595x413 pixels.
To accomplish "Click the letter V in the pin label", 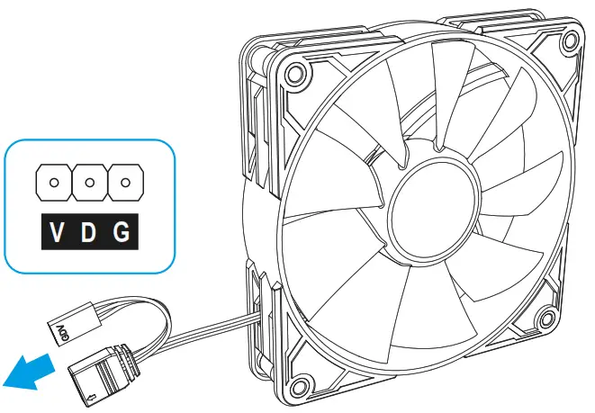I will (57, 235).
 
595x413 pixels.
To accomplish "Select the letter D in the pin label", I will (88, 235).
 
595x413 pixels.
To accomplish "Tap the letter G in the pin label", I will (121, 235).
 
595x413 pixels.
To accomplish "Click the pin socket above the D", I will (88, 183).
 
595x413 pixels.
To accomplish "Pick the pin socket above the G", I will (122, 183).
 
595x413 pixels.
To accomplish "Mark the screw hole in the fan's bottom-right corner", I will (543, 317).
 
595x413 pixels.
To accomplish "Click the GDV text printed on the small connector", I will (64, 325).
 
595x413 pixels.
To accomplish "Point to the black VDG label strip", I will (88, 235).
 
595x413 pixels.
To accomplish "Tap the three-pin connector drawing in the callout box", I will (88, 183).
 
